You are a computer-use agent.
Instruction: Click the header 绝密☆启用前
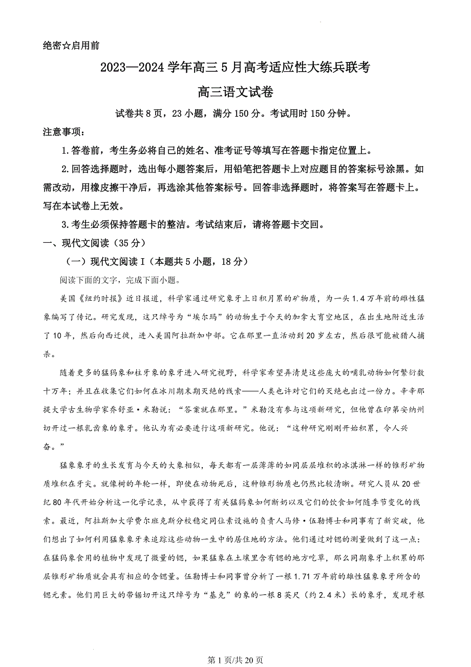coord(71,45)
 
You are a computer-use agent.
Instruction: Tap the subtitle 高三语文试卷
coord(235,92)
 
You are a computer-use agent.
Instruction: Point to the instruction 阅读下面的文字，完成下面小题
coord(120,280)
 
